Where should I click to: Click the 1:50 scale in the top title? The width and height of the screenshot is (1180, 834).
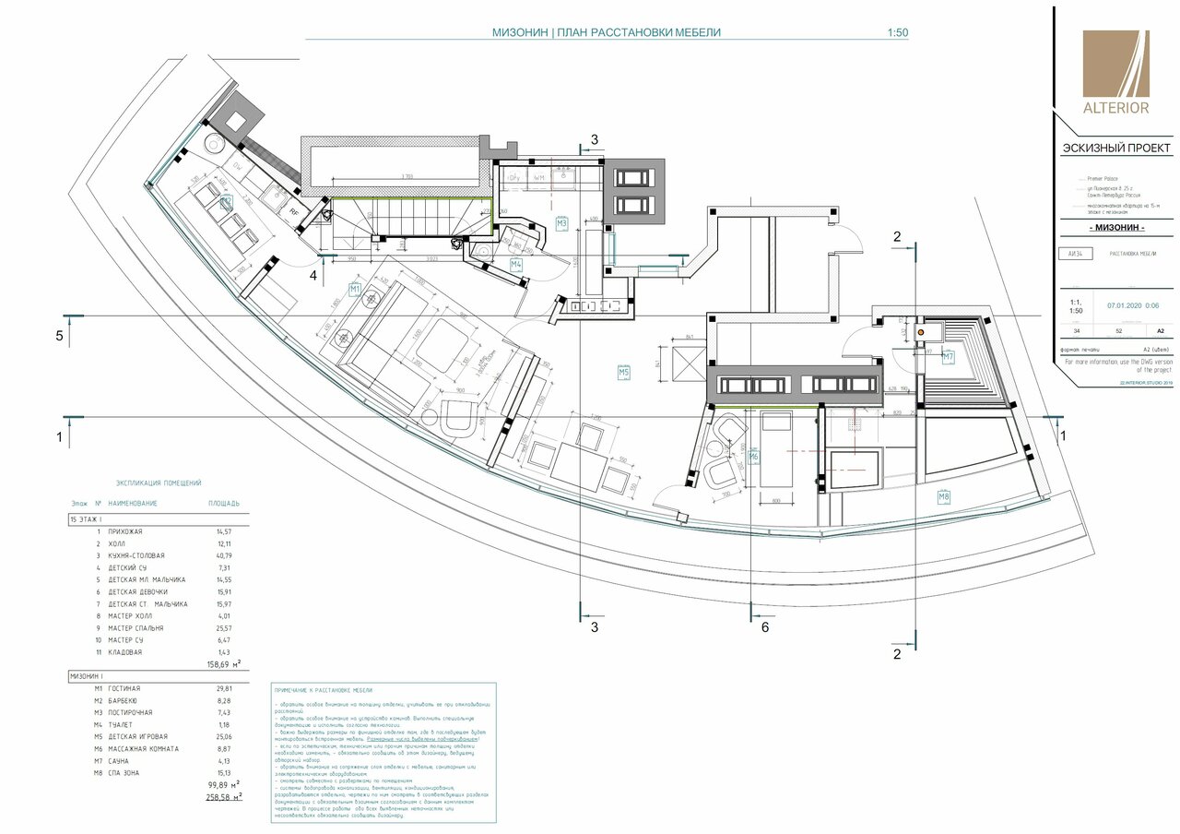pyautogui.click(x=897, y=32)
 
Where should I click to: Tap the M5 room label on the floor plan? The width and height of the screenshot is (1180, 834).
pyautogui.click(x=625, y=372)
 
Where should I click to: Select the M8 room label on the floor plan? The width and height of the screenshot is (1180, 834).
pyautogui.click(x=944, y=498)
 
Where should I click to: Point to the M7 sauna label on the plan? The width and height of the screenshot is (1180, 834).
pyautogui.click(x=948, y=356)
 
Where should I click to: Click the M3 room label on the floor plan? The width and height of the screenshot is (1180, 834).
pyautogui.click(x=562, y=223)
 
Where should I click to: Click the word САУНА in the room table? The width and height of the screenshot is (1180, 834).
pyautogui.click(x=121, y=761)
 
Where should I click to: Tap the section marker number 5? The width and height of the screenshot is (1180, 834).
pyautogui.click(x=60, y=336)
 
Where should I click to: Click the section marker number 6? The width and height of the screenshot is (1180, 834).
pyautogui.click(x=764, y=629)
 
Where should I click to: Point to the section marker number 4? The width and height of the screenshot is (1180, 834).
pyautogui.click(x=313, y=275)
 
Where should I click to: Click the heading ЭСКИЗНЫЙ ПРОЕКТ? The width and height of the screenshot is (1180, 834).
pyautogui.click(x=1116, y=149)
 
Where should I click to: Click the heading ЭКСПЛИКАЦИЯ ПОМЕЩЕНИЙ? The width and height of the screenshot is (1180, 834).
pyautogui.click(x=158, y=483)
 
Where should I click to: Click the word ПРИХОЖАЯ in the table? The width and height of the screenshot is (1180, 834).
pyautogui.click(x=126, y=532)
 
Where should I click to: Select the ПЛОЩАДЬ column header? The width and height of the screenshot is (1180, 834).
pyautogui.click(x=224, y=504)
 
